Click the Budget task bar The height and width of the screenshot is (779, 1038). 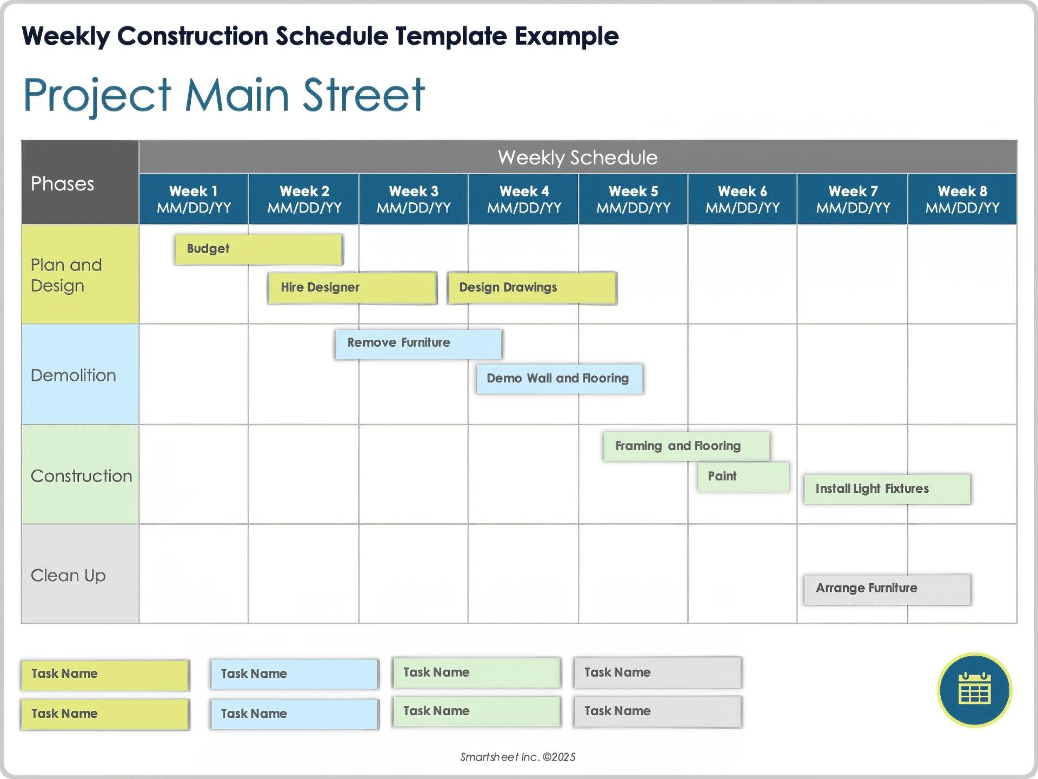pos(258,249)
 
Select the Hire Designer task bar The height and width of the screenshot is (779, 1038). pos(352,288)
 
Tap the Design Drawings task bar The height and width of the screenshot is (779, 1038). pos(532,288)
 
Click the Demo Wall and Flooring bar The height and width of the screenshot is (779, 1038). pos(559,379)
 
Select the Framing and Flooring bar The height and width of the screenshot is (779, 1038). pos(686,446)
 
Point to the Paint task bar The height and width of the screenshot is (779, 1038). pos(743,477)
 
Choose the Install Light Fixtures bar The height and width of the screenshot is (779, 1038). pos(887,489)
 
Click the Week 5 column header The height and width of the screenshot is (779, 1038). pos(633,199)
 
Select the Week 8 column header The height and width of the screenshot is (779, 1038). pos(962,199)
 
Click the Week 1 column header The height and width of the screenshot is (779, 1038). pos(194,199)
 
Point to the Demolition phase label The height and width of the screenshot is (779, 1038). pos(74,375)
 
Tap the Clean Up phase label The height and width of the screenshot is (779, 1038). pos(68,576)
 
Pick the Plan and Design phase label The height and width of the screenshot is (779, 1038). pos(66,275)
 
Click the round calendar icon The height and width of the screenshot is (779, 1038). pos(974,690)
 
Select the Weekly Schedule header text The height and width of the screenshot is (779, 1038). pos(577,157)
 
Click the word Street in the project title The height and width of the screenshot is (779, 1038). pos(363,96)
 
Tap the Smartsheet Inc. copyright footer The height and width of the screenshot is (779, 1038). pos(517,757)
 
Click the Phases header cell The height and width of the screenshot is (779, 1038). pos(79,183)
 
